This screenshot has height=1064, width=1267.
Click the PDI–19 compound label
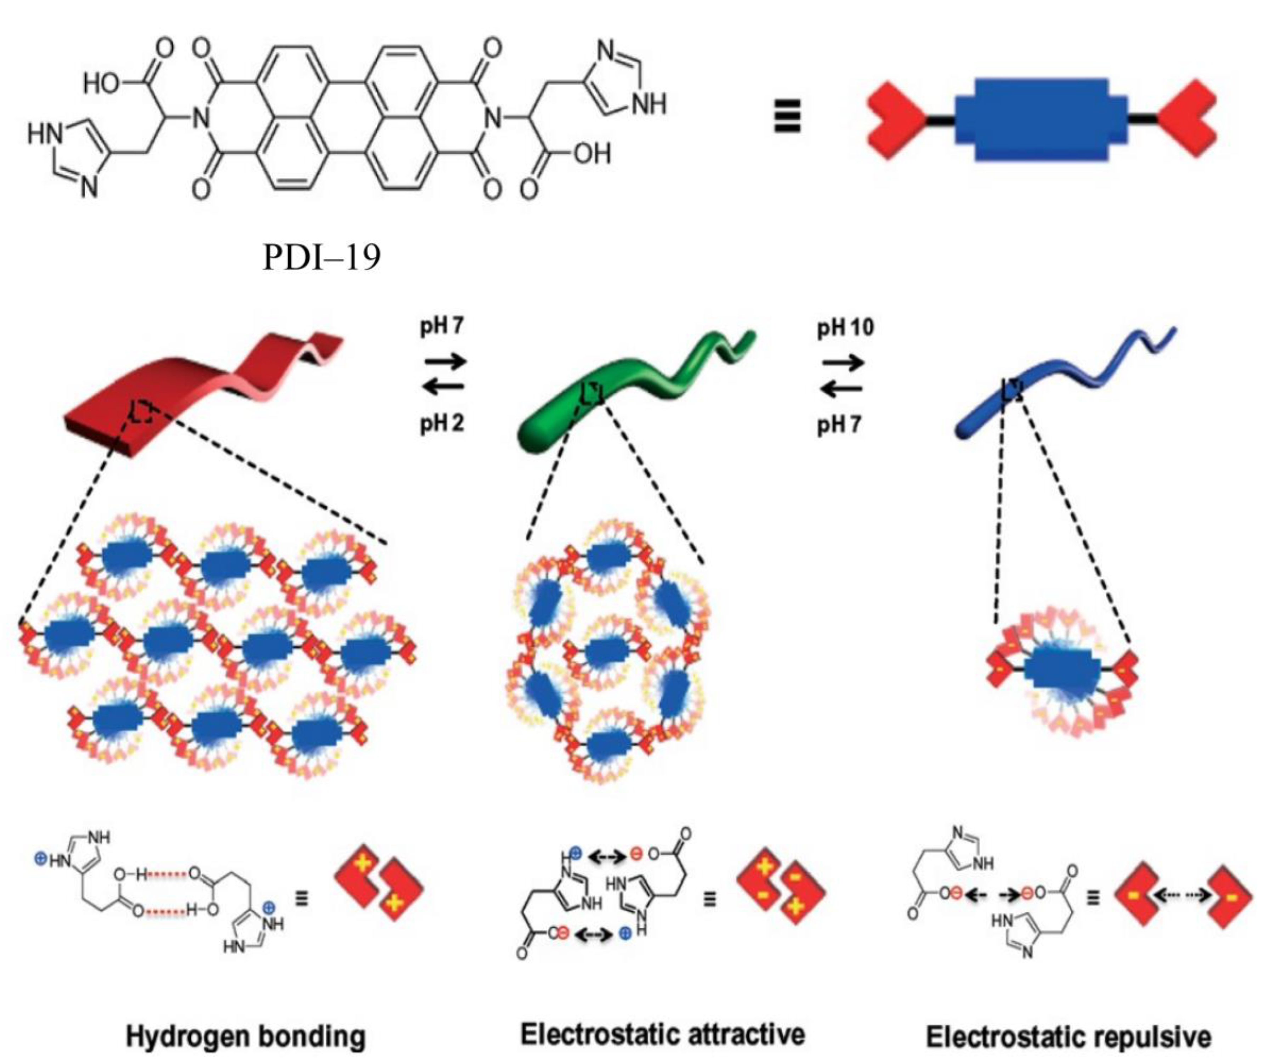click(x=321, y=258)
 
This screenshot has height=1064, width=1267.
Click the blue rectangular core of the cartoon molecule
click(x=1041, y=119)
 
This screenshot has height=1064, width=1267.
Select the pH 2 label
click(x=442, y=424)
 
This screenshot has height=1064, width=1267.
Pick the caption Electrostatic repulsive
click(x=1068, y=1036)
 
